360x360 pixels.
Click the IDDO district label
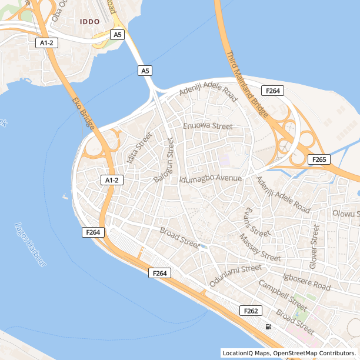(x=89, y=21)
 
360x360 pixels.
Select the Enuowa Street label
(x=208, y=126)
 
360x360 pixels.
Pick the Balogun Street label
(x=164, y=160)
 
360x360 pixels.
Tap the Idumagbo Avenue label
(x=211, y=178)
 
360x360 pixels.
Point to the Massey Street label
(x=259, y=248)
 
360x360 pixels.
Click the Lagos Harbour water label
(x=30, y=245)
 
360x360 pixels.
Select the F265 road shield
(x=319, y=159)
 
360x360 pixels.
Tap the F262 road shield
(x=251, y=311)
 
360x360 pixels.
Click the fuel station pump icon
(x=268, y=326)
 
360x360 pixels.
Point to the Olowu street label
(x=345, y=213)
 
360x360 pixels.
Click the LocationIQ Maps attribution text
(x=246, y=353)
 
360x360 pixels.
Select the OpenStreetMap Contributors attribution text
(x=314, y=353)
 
